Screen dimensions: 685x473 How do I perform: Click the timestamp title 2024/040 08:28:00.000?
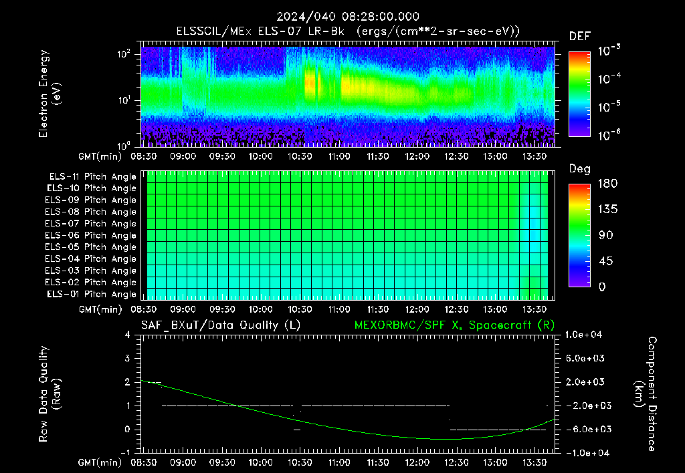tap(348, 17)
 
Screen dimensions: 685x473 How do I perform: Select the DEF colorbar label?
tap(580, 36)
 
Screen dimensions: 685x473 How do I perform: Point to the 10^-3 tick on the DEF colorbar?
tap(609, 51)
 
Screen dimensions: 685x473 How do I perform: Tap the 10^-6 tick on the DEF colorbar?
tap(609, 135)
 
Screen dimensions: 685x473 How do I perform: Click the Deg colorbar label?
tap(580, 169)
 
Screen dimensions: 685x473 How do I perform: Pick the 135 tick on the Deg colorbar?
tap(608, 209)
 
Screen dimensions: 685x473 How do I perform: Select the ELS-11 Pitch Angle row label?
tap(92, 177)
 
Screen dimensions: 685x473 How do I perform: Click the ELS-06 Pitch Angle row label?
tap(90, 236)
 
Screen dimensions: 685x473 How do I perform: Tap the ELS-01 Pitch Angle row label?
tap(92, 295)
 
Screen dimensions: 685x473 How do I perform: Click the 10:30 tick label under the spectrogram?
tap(300, 156)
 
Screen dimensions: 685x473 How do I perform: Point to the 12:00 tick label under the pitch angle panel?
tap(417, 309)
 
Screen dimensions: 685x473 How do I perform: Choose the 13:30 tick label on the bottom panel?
tap(534, 462)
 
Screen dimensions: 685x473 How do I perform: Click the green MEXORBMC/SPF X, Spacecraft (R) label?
tap(454, 325)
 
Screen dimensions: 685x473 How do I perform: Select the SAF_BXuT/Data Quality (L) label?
tap(221, 325)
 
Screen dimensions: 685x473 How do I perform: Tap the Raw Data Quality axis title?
tap(49, 394)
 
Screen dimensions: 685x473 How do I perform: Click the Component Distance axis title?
tap(646, 394)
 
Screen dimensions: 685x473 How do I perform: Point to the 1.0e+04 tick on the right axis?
tap(584, 335)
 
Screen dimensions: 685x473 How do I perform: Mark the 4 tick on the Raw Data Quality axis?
tap(127, 335)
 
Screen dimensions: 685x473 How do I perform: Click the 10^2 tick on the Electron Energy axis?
tap(124, 54)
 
